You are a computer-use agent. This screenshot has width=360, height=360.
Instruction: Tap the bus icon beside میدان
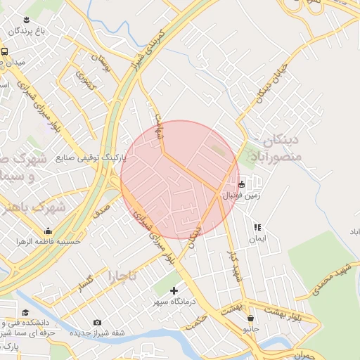point(4,52)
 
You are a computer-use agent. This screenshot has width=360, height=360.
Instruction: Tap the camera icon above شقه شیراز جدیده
point(97,323)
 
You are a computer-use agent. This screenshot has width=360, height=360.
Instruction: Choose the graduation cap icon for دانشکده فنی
point(25,313)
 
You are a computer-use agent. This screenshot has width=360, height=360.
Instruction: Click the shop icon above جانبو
point(250,319)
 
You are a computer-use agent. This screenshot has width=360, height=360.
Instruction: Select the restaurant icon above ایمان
point(257,227)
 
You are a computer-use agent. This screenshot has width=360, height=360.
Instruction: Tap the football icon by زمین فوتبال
point(241,185)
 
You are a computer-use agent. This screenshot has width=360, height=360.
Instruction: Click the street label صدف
point(101,207)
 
